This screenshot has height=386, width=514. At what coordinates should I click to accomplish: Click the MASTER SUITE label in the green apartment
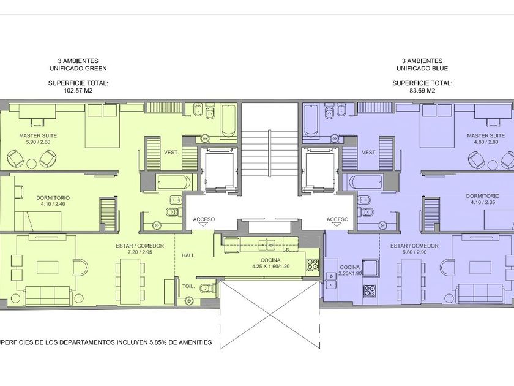pyautogui.click(x=38, y=135)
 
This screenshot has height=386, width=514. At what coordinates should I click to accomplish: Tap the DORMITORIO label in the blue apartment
pyautogui.click(x=483, y=196)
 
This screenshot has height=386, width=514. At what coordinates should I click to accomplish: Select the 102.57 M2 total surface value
pyautogui.click(x=78, y=91)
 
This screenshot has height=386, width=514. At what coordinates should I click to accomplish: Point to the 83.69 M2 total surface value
pyautogui.click(x=422, y=91)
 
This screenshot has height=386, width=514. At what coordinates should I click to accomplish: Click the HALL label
pyautogui.click(x=188, y=255)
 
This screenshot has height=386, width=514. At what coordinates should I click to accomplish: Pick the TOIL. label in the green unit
pyautogui.click(x=188, y=286)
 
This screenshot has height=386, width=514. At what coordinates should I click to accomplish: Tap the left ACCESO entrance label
pyautogui.click(x=204, y=219)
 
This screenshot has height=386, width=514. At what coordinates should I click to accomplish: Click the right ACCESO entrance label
pyautogui.click(x=338, y=219)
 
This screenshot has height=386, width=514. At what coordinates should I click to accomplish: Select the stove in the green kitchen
pyautogui.click(x=313, y=265)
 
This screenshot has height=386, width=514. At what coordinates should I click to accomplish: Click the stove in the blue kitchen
pyautogui.click(x=370, y=290)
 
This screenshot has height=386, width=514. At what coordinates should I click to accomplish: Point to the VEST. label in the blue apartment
pyautogui.click(x=369, y=153)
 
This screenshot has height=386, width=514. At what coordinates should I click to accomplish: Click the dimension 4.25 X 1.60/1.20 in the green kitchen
pyautogui.click(x=270, y=267)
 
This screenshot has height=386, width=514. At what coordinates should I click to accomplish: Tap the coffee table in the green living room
pyautogui.click(x=48, y=267)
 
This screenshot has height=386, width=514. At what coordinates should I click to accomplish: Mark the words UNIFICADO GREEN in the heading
pyautogui.click(x=78, y=69)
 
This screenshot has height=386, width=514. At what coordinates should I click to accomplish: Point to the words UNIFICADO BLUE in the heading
pyautogui.click(x=422, y=69)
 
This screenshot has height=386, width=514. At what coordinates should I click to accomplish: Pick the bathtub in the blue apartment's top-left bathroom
pyautogui.click(x=311, y=121)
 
